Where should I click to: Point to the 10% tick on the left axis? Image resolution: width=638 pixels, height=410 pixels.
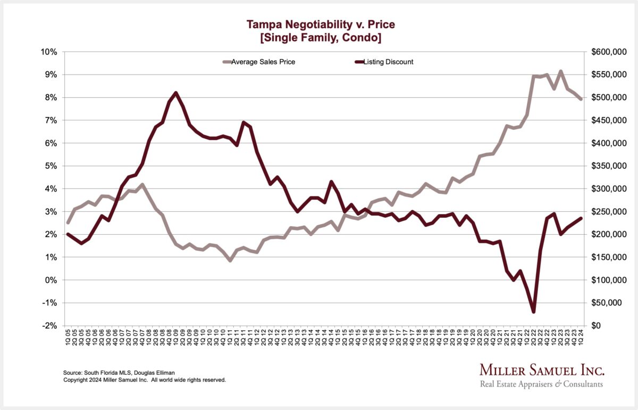tap(49, 52)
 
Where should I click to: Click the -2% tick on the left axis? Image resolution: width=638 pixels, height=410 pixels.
tap(49, 326)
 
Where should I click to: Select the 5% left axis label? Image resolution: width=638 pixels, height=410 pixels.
tap(51, 166)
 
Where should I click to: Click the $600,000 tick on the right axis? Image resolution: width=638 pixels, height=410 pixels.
tap(608, 52)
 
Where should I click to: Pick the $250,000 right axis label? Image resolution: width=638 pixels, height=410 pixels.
tap(608, 212)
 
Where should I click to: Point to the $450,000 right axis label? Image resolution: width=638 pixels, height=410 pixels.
tap(608, 121)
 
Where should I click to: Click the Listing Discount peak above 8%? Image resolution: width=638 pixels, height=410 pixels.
tap(176, 93)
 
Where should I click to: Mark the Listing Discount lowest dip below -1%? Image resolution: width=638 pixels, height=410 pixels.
tap(533, 311)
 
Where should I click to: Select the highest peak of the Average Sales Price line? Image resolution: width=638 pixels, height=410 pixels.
tap(560, 71)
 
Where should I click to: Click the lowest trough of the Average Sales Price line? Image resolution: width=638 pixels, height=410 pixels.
tap(230, 260)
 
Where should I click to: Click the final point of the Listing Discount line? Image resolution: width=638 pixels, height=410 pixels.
tap(581, 218)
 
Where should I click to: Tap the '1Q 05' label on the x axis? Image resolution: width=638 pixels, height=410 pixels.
tap(68, 337)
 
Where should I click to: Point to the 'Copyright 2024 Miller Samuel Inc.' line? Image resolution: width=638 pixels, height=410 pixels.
tap(145, 380)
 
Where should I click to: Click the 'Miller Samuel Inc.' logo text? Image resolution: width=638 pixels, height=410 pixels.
tap(542, 370)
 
